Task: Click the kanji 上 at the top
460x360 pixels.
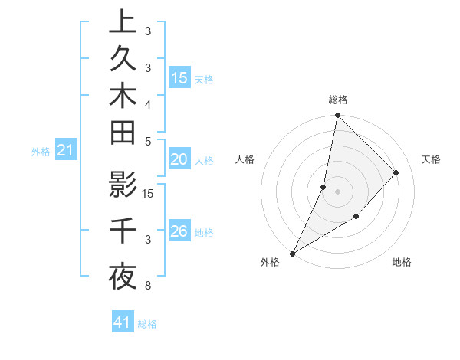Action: click(123, 22)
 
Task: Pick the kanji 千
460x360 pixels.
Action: click(123, 231)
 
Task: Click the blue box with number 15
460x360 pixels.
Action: click(179, 78)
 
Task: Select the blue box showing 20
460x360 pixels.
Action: click(179, 159)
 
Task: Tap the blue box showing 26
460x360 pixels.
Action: click(179, 231)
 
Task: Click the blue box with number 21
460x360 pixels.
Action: click(66, 151)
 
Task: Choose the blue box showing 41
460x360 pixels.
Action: click(123, 322)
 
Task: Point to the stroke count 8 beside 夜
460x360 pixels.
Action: click(147, 286)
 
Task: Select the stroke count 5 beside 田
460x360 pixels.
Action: click(147, 141)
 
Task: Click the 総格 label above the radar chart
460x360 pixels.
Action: click(337, 100)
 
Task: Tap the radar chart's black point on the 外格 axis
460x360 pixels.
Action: click(293, 253)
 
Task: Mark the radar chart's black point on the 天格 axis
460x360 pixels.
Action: click(396, 172)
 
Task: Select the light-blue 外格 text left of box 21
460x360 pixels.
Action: click(40, 152)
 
